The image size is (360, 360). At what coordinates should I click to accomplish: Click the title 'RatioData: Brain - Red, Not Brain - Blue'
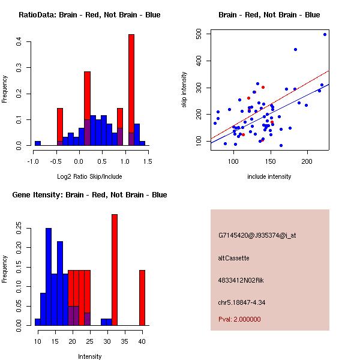click(x=89, y=14)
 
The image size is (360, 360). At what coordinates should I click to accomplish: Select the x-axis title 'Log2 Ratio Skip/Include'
click(x=89, y=176)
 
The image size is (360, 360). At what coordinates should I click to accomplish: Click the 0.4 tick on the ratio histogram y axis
click(x=19, y=41)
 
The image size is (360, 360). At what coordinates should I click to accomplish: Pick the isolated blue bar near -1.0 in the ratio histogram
click(x=37, y=143)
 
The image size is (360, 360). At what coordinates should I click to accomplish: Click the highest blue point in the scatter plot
click(x=325, y=34)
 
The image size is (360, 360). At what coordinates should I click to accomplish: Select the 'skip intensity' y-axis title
click(x=185, y=90)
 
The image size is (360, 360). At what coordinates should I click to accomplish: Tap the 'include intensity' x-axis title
click(x=269, y=176)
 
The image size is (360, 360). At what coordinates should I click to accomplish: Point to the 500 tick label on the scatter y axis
click(x=198, y=34)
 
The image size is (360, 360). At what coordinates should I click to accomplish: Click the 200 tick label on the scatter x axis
click(x=307, y=162)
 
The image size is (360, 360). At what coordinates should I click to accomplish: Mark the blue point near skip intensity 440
click(x=295, y=49)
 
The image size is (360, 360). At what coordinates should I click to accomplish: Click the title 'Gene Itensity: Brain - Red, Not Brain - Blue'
click(x=89, y=194)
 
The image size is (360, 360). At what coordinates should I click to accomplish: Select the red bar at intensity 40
click(x=142, y=298)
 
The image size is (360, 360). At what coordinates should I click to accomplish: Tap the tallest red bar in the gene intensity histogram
click(x=114, y=269)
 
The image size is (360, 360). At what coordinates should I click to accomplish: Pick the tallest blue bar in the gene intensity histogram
click(x=49, y=277)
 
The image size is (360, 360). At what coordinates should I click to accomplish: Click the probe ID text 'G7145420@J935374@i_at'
click(x=257, y=235)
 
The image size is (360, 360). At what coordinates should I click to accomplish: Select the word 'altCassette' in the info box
click(x=233, y=257)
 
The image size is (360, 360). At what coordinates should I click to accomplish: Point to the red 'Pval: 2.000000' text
click(x=239, y=319)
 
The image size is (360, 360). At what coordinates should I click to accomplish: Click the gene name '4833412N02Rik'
click(x=241, y=280)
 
